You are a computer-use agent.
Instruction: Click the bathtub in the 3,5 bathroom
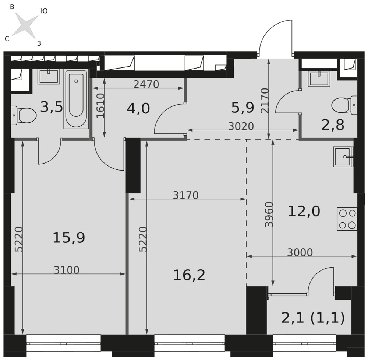[76, 99]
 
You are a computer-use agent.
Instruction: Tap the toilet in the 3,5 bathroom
[24, 115]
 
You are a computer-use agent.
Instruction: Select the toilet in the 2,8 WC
[344, 105]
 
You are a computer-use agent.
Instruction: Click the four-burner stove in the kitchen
[347, 219]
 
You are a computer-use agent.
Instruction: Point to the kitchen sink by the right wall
[343, 157]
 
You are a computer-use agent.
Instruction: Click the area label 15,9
[69, 238]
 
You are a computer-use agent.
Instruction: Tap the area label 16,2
[189, 275]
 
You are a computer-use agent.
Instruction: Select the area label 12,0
[304, 211]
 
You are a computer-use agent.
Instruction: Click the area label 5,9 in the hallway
[243, 108]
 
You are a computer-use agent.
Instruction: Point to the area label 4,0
[138, 109]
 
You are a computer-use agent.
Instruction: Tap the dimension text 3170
[185, 195]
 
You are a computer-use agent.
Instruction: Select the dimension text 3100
[67, 270]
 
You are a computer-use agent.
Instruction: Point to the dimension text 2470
[146, 84]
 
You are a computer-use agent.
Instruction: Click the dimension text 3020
[241, 126]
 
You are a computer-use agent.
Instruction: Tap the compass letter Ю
[44, 11]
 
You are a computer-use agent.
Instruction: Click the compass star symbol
[25, 25]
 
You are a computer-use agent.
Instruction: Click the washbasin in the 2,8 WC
[319, 78]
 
